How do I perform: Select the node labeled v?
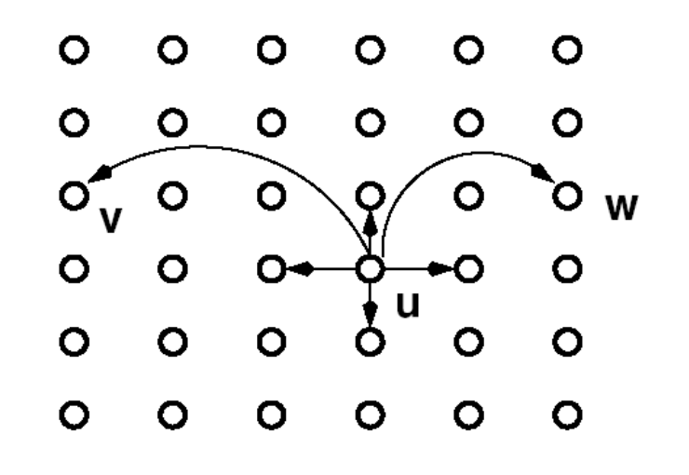click(x=72, y=196)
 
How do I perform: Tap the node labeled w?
click(x=565, y=196)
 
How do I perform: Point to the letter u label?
click(x=408, y=305)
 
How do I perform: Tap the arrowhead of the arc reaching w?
click(x=542, y=172)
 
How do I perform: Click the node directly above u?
click(x=371, y=196)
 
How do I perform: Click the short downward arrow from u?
click(x=371, y=307)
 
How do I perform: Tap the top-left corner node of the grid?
click(x=72, y=47)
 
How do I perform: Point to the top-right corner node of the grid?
click(x=565, y=47)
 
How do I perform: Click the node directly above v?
click(x=72, y=121)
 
